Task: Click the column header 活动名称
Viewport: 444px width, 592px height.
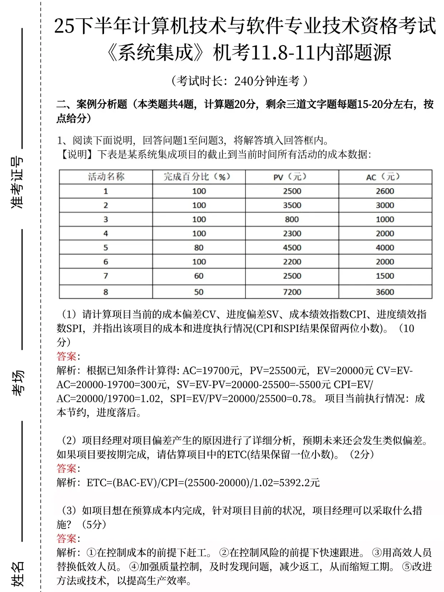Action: click(106, 177)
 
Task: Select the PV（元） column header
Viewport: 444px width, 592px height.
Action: click(292, 177)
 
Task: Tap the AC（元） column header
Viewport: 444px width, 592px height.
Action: click(385, 177)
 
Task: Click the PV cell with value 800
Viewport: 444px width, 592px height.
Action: click(292, 219)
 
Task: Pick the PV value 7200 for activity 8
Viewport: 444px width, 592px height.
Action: click(292, 292)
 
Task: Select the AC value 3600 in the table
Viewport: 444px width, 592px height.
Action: click(385, 292)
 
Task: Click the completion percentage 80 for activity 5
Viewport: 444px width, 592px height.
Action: click(199, 247)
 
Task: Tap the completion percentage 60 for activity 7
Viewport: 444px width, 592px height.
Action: click(199, 276)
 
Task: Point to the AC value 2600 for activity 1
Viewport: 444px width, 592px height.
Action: click(385, 191)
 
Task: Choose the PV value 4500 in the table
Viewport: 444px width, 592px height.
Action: click(292, 247)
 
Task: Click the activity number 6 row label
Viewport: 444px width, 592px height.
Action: click(106, 262)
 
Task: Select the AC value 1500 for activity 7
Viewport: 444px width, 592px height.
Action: click(385, 276)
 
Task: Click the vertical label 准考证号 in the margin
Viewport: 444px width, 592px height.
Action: click(17, 182)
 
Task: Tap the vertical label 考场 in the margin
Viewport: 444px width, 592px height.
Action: click(17, 383)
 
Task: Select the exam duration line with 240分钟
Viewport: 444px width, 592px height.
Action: click(240, 81)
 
